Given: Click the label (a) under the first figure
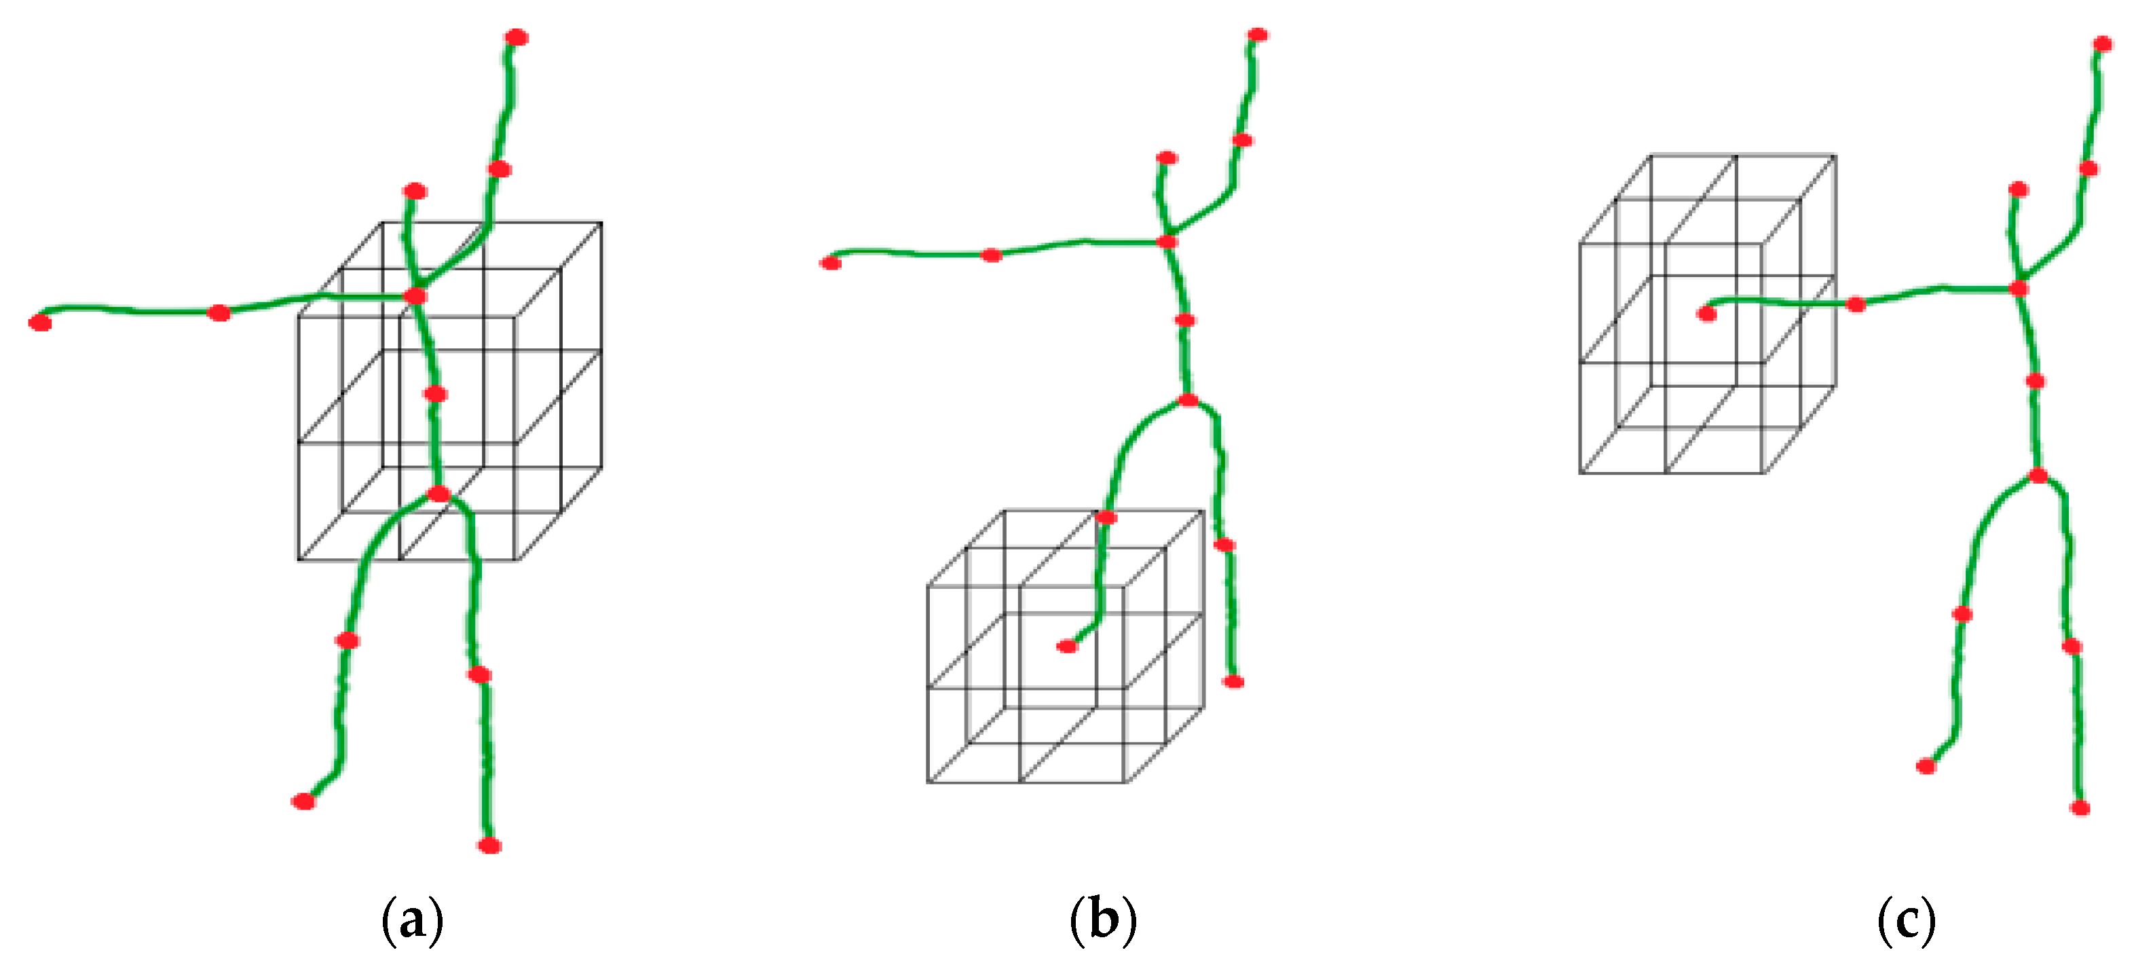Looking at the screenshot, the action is coord(412,921).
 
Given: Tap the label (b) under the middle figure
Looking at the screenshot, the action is coord(1103,921).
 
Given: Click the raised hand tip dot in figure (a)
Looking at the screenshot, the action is coord(517,37).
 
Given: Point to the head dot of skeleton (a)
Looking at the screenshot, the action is coord(415,192).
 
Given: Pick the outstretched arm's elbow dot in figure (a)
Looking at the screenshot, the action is coord(219,312).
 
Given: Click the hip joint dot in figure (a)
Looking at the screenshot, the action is coord(438,494).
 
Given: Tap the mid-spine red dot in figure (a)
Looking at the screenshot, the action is coord(435,394).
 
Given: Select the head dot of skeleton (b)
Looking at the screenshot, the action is coord(1167,158).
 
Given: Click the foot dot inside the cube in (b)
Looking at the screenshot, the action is coord(1067,646).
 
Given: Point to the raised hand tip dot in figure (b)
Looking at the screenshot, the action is coord(1258,35).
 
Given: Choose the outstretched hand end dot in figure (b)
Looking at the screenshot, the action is coord(831,264).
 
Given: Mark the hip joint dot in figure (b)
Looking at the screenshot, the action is coord(1188,400).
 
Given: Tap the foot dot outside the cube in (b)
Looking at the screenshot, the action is coord(1234,682).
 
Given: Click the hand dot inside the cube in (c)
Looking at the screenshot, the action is coord(1706,314).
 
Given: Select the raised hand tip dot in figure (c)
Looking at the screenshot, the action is coord(2103,44).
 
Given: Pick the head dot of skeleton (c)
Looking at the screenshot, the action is coord(2019,190).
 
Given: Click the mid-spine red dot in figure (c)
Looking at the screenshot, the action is coord(2035,382).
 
